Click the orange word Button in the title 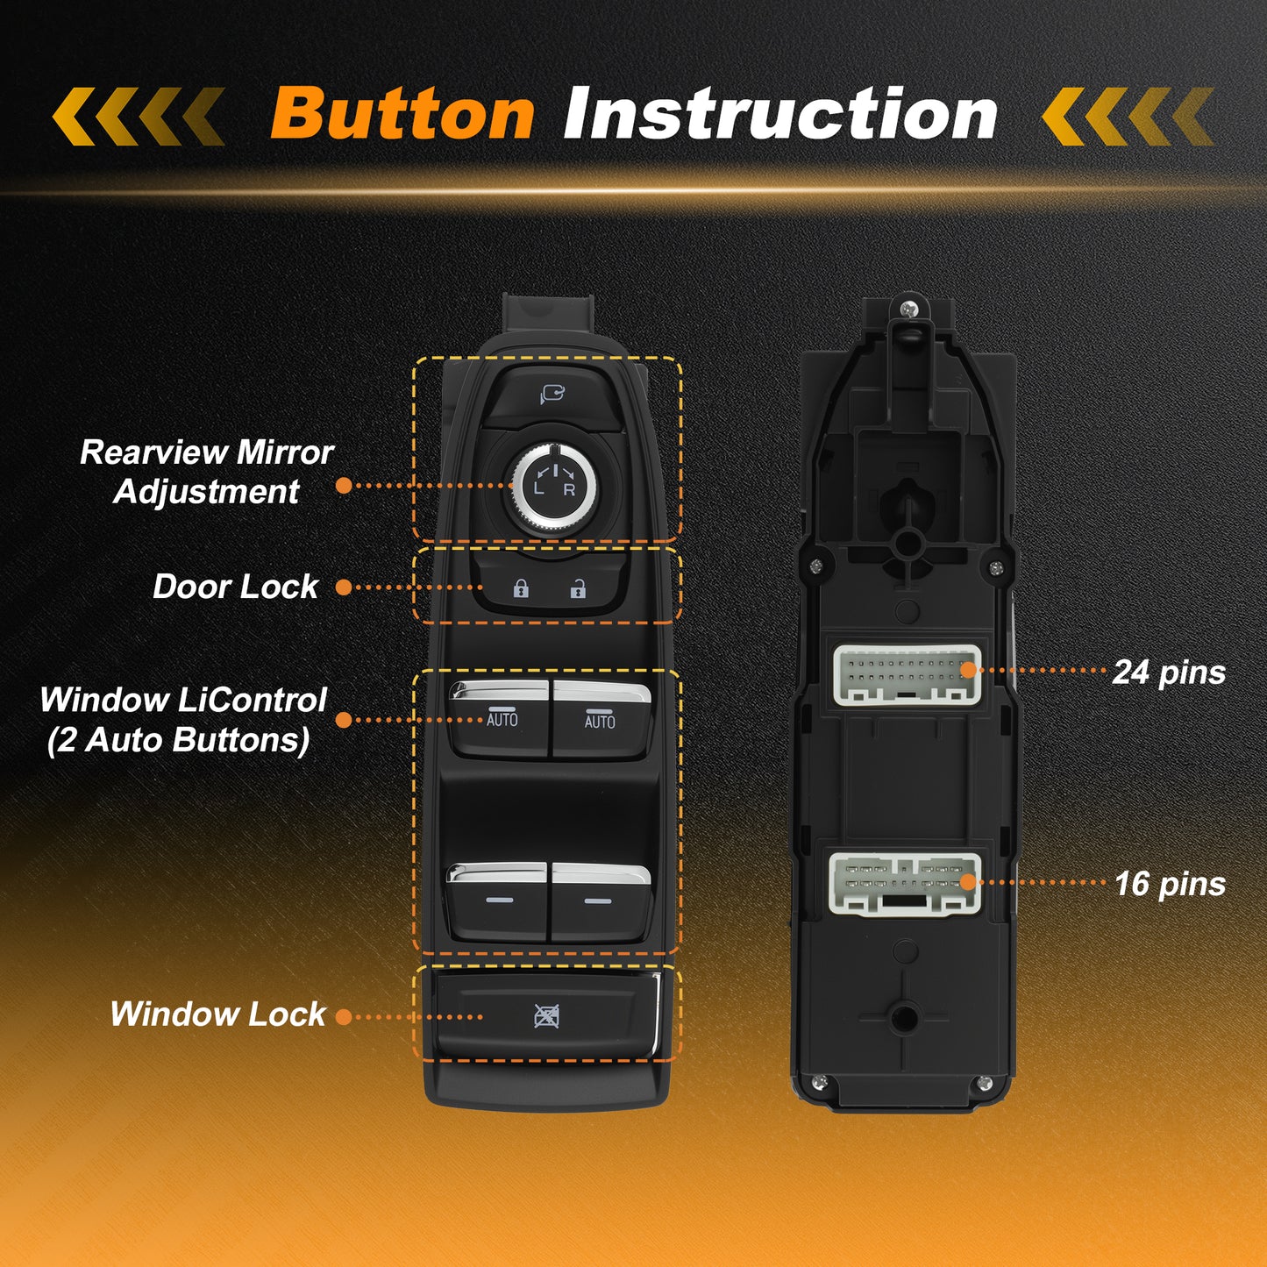coord(402,114)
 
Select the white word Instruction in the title coord(780,114)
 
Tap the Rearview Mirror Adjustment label coord(206,472)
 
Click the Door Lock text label coord(235,587)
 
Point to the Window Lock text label coord(217,1014)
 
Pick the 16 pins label coord(1171,884)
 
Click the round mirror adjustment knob coord(554,487)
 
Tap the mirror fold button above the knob coord(552,396)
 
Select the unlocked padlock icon coord(578,588)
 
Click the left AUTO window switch coord(498,719)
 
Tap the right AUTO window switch coord(601,720)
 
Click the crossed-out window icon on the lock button coord(546,1016)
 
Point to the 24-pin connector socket coord(908,674)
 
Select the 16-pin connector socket coord(905,884)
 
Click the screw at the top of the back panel coord(908,309)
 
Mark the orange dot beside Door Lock coord(344,587)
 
